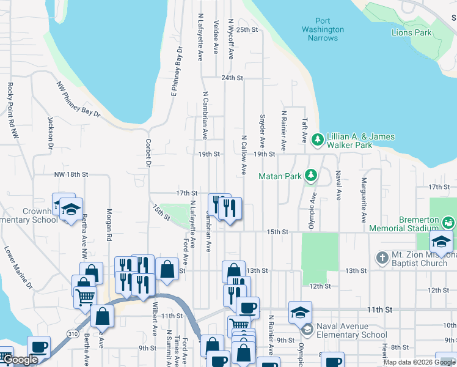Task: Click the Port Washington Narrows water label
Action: (x=323, y=29)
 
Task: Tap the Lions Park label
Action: (x=411, y=32)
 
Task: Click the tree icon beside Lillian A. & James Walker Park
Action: (x=317, y=140)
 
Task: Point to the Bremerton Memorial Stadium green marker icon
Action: (x=450, y=221)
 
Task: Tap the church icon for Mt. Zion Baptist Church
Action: (x=382, y=257)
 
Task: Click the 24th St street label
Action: (x=232, y=78)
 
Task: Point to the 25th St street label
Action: (x=247, y=29)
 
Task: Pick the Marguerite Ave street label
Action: (x=363, y=200)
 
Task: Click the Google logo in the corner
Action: (x=20, y=360)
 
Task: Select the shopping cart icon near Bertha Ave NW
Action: (x=85, y=297)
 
